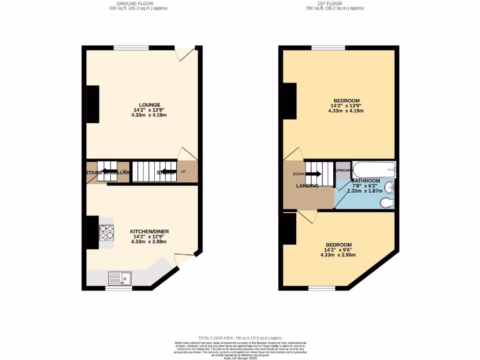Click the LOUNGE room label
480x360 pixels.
[150, 105]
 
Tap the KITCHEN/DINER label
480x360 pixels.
[150, 231]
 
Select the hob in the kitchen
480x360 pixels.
[106, 232]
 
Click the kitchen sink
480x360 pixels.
[120, 278]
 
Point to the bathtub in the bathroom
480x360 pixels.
[374, 169]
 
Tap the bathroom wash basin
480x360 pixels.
[389, 188]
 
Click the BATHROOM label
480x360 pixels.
[366, 181]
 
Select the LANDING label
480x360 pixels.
[307, 186]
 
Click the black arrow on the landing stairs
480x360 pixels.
[314, 174]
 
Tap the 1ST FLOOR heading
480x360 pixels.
[335, 3]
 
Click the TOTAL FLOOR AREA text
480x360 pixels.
[240, 337]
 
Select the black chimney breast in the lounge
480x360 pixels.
[93, 104]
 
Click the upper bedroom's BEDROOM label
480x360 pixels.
[346, 101]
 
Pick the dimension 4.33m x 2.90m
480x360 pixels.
[338, 255]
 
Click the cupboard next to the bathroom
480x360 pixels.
[343, 170]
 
